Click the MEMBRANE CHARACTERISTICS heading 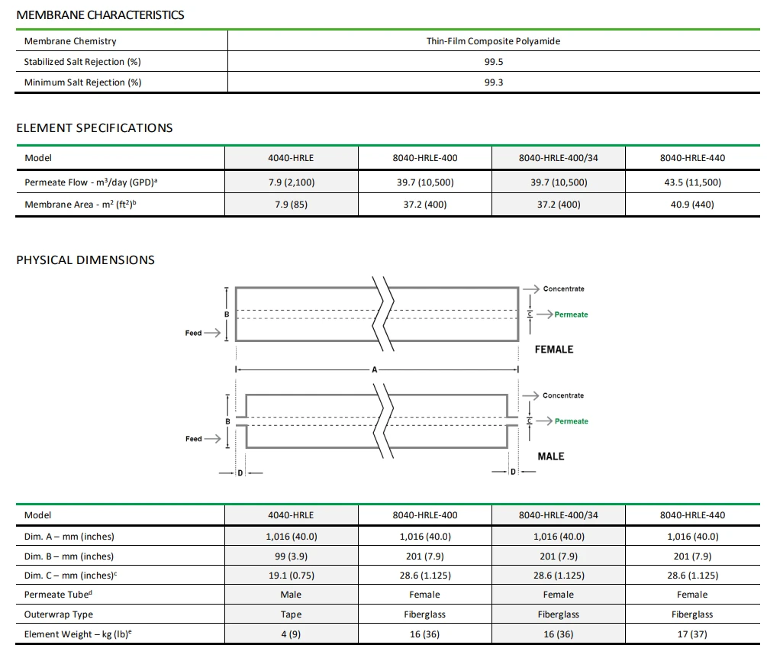100,15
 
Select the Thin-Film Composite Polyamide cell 493,41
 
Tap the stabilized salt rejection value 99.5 493,62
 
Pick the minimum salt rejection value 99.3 493,82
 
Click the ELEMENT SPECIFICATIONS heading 95,127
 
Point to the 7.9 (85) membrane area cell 291,205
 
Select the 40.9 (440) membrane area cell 692,205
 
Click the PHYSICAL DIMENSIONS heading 85,260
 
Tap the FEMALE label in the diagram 553,350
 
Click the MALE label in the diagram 550,456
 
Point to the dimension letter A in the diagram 375,369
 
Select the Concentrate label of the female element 563,289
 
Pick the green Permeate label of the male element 571,421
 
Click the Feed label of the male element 194,439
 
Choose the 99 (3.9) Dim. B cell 291,556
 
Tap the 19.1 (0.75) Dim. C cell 291,576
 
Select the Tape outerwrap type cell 291,614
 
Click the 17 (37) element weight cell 692,634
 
